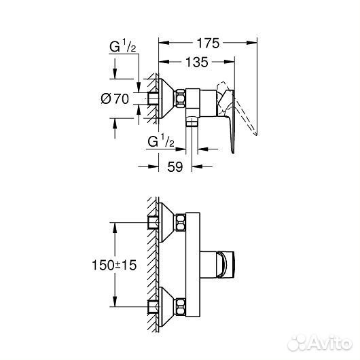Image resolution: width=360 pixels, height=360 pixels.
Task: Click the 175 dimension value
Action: [x=209, y=43]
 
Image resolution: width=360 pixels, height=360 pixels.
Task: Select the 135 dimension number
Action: [x=196, y=63]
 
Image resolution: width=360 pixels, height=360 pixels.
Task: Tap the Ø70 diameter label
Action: [x=115, y=100]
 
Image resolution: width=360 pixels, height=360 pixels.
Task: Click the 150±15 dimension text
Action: [x=114, y=266]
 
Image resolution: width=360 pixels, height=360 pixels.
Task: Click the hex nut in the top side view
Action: [x=183, y=98]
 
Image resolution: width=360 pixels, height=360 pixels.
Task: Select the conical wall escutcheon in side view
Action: [x=166, y=98]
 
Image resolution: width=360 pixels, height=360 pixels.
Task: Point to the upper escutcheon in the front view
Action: [x=166, y=223]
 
